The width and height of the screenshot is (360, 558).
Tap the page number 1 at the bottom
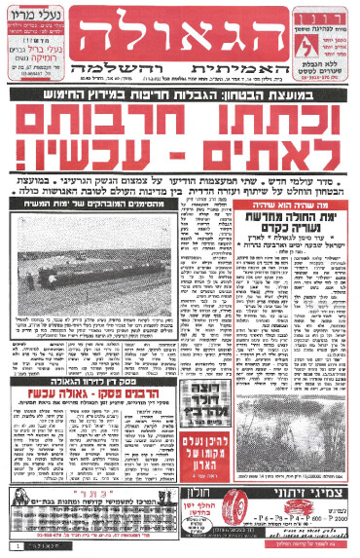(x=19, y=549)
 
